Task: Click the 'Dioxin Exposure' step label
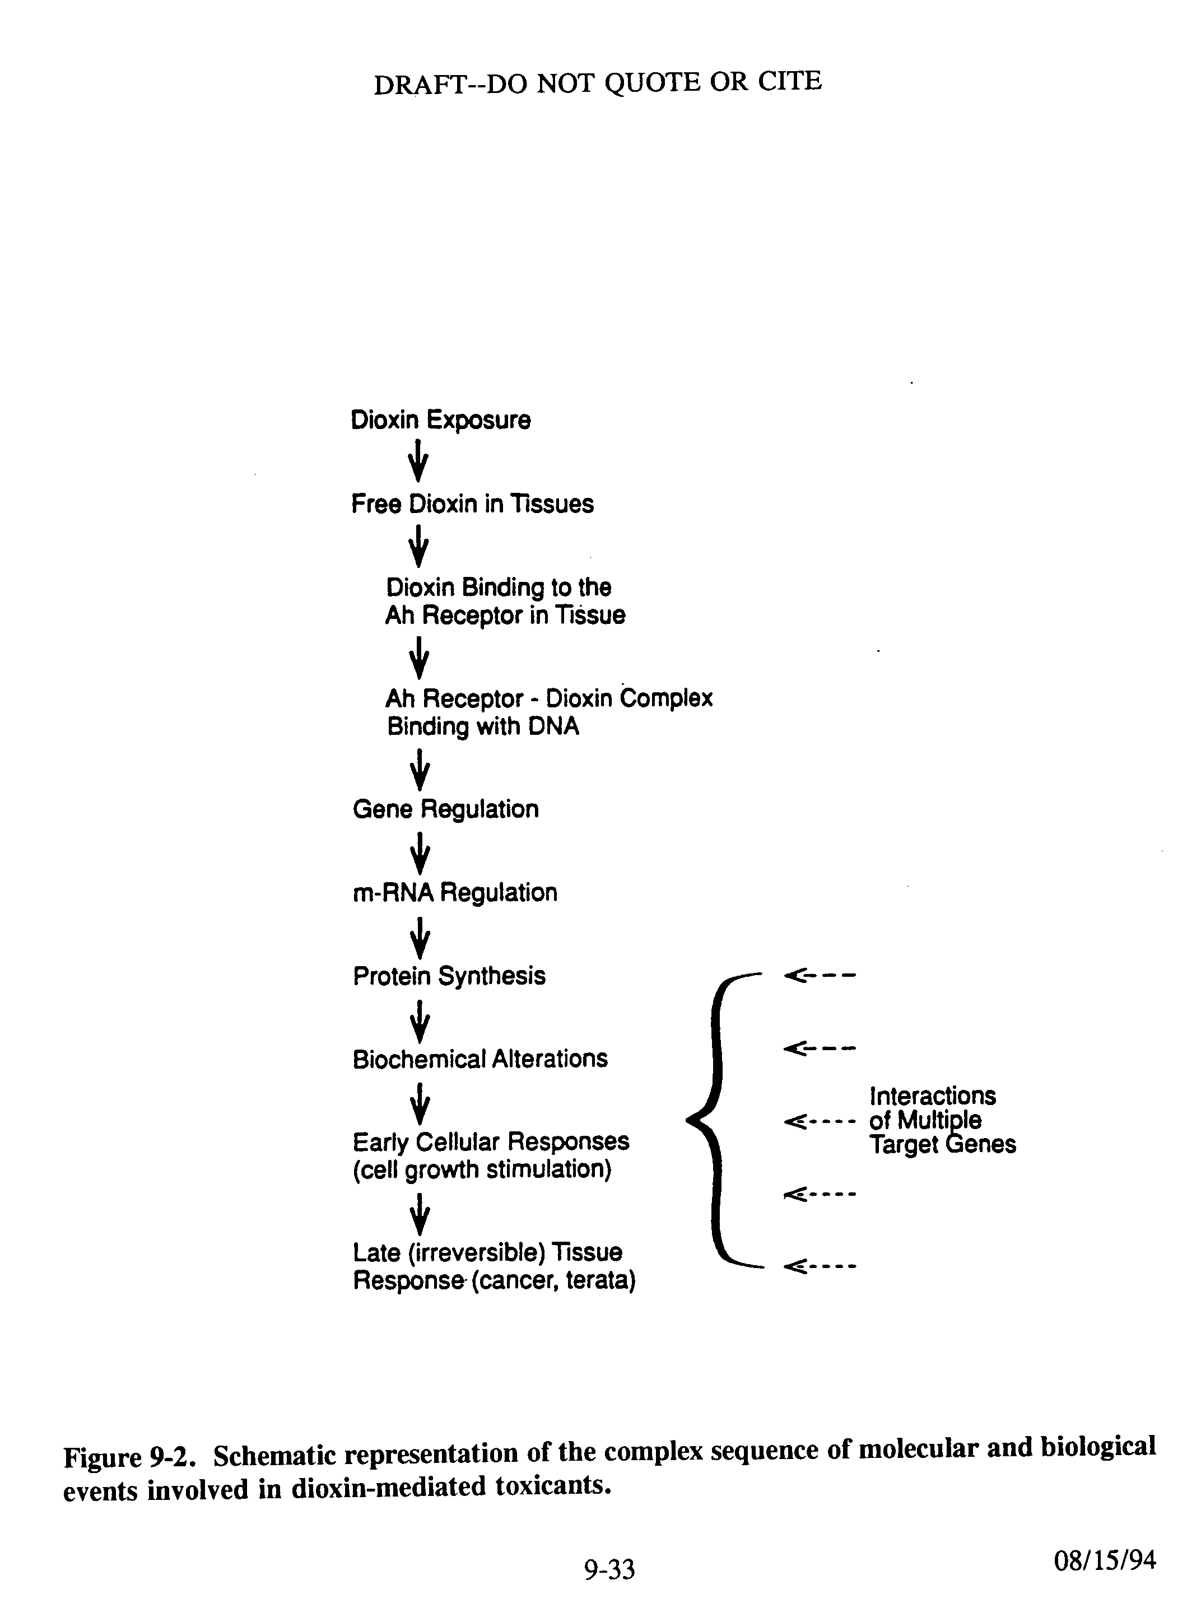point(440,421)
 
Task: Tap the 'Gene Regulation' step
point(446,809)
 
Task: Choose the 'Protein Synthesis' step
point(449,976)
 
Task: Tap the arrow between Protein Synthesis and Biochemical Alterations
point(420,1022)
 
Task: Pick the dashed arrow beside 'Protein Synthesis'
point(820,975)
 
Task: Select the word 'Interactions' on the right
point(933,1096)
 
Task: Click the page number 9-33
point(609,1570)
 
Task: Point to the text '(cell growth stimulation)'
point(482,1170)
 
